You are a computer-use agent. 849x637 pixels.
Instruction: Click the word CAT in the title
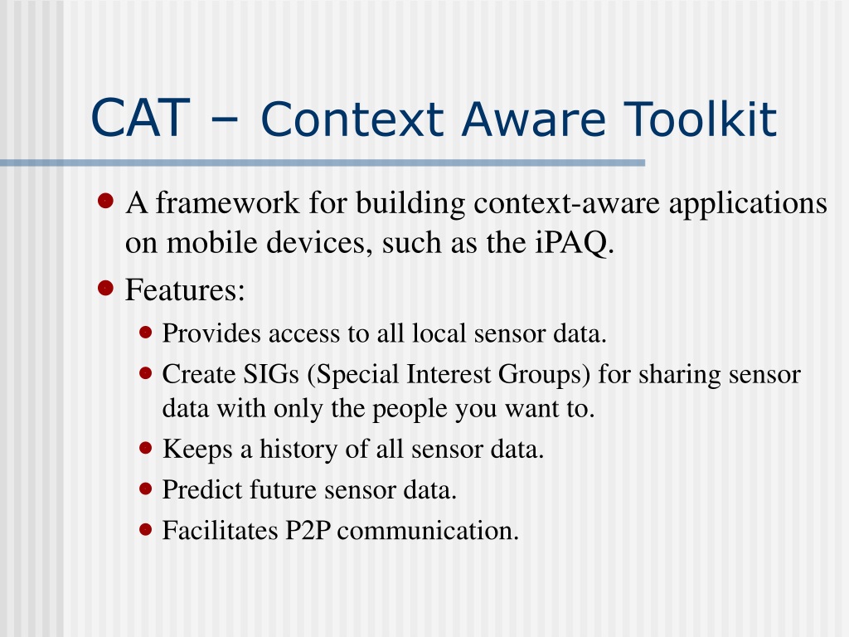click(140, 118)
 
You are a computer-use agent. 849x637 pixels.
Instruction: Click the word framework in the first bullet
click(227, 203)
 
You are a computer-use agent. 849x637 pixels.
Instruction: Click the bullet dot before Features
click(105, 288)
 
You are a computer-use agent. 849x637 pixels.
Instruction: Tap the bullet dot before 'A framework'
click(105, 201)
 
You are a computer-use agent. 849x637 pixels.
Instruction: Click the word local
click(439, 333)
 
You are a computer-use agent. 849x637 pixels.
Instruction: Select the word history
click(298, 450)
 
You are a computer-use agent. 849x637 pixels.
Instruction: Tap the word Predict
click(202, 489)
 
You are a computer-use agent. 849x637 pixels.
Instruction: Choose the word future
click(283, 489)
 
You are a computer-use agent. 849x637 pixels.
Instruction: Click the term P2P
click(308, 530)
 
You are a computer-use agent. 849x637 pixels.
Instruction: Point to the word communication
click(428, 530)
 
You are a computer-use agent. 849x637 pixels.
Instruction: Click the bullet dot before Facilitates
click(145, 529)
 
